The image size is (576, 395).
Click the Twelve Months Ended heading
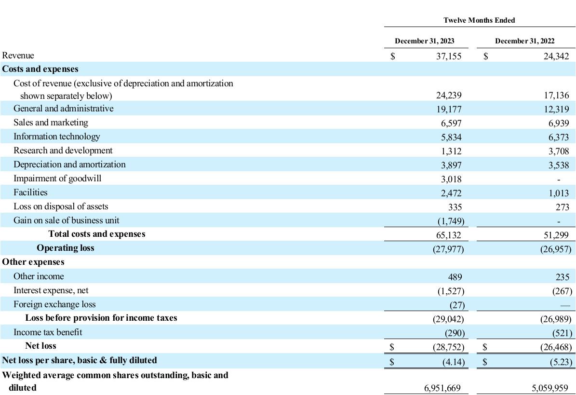479,20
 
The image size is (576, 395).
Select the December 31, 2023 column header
424,41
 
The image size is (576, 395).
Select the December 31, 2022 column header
524,41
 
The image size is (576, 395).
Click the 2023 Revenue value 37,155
449,56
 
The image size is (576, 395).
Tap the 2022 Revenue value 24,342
556,56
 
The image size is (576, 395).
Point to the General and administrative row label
64,109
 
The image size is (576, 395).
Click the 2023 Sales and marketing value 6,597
451,123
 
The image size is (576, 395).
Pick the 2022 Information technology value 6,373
559,137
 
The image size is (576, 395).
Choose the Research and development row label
63,150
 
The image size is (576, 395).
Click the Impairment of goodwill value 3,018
451,179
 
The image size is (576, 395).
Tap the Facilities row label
30,192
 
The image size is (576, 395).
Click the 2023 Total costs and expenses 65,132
449,235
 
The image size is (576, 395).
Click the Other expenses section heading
33,262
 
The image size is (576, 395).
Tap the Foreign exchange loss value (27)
457,305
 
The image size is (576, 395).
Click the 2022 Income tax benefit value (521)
563,333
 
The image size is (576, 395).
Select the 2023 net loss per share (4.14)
454,362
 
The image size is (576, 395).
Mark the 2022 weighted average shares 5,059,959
550,388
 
